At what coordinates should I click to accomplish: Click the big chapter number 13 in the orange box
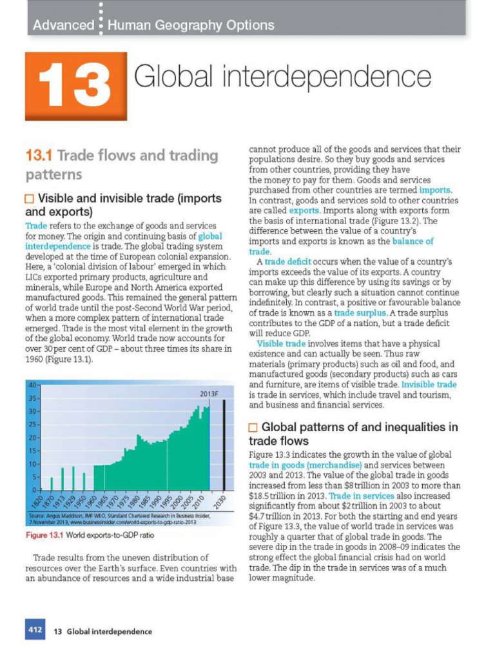pyautogui.click(x=75, y=86)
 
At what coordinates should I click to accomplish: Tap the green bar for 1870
pyautogui.click(x=52, y=483)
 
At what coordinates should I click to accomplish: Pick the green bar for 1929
pyautogui.click(x=73, y=478)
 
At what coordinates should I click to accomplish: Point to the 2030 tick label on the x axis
pyautogui.click(x=220, y=504)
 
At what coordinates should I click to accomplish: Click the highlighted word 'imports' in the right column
pyautogui.click(x=436, y=190)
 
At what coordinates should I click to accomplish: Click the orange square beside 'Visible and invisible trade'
pyautogui.click(x=30, y=198)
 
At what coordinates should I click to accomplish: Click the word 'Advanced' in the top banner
pyautogui.click(x=63, y=25)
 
